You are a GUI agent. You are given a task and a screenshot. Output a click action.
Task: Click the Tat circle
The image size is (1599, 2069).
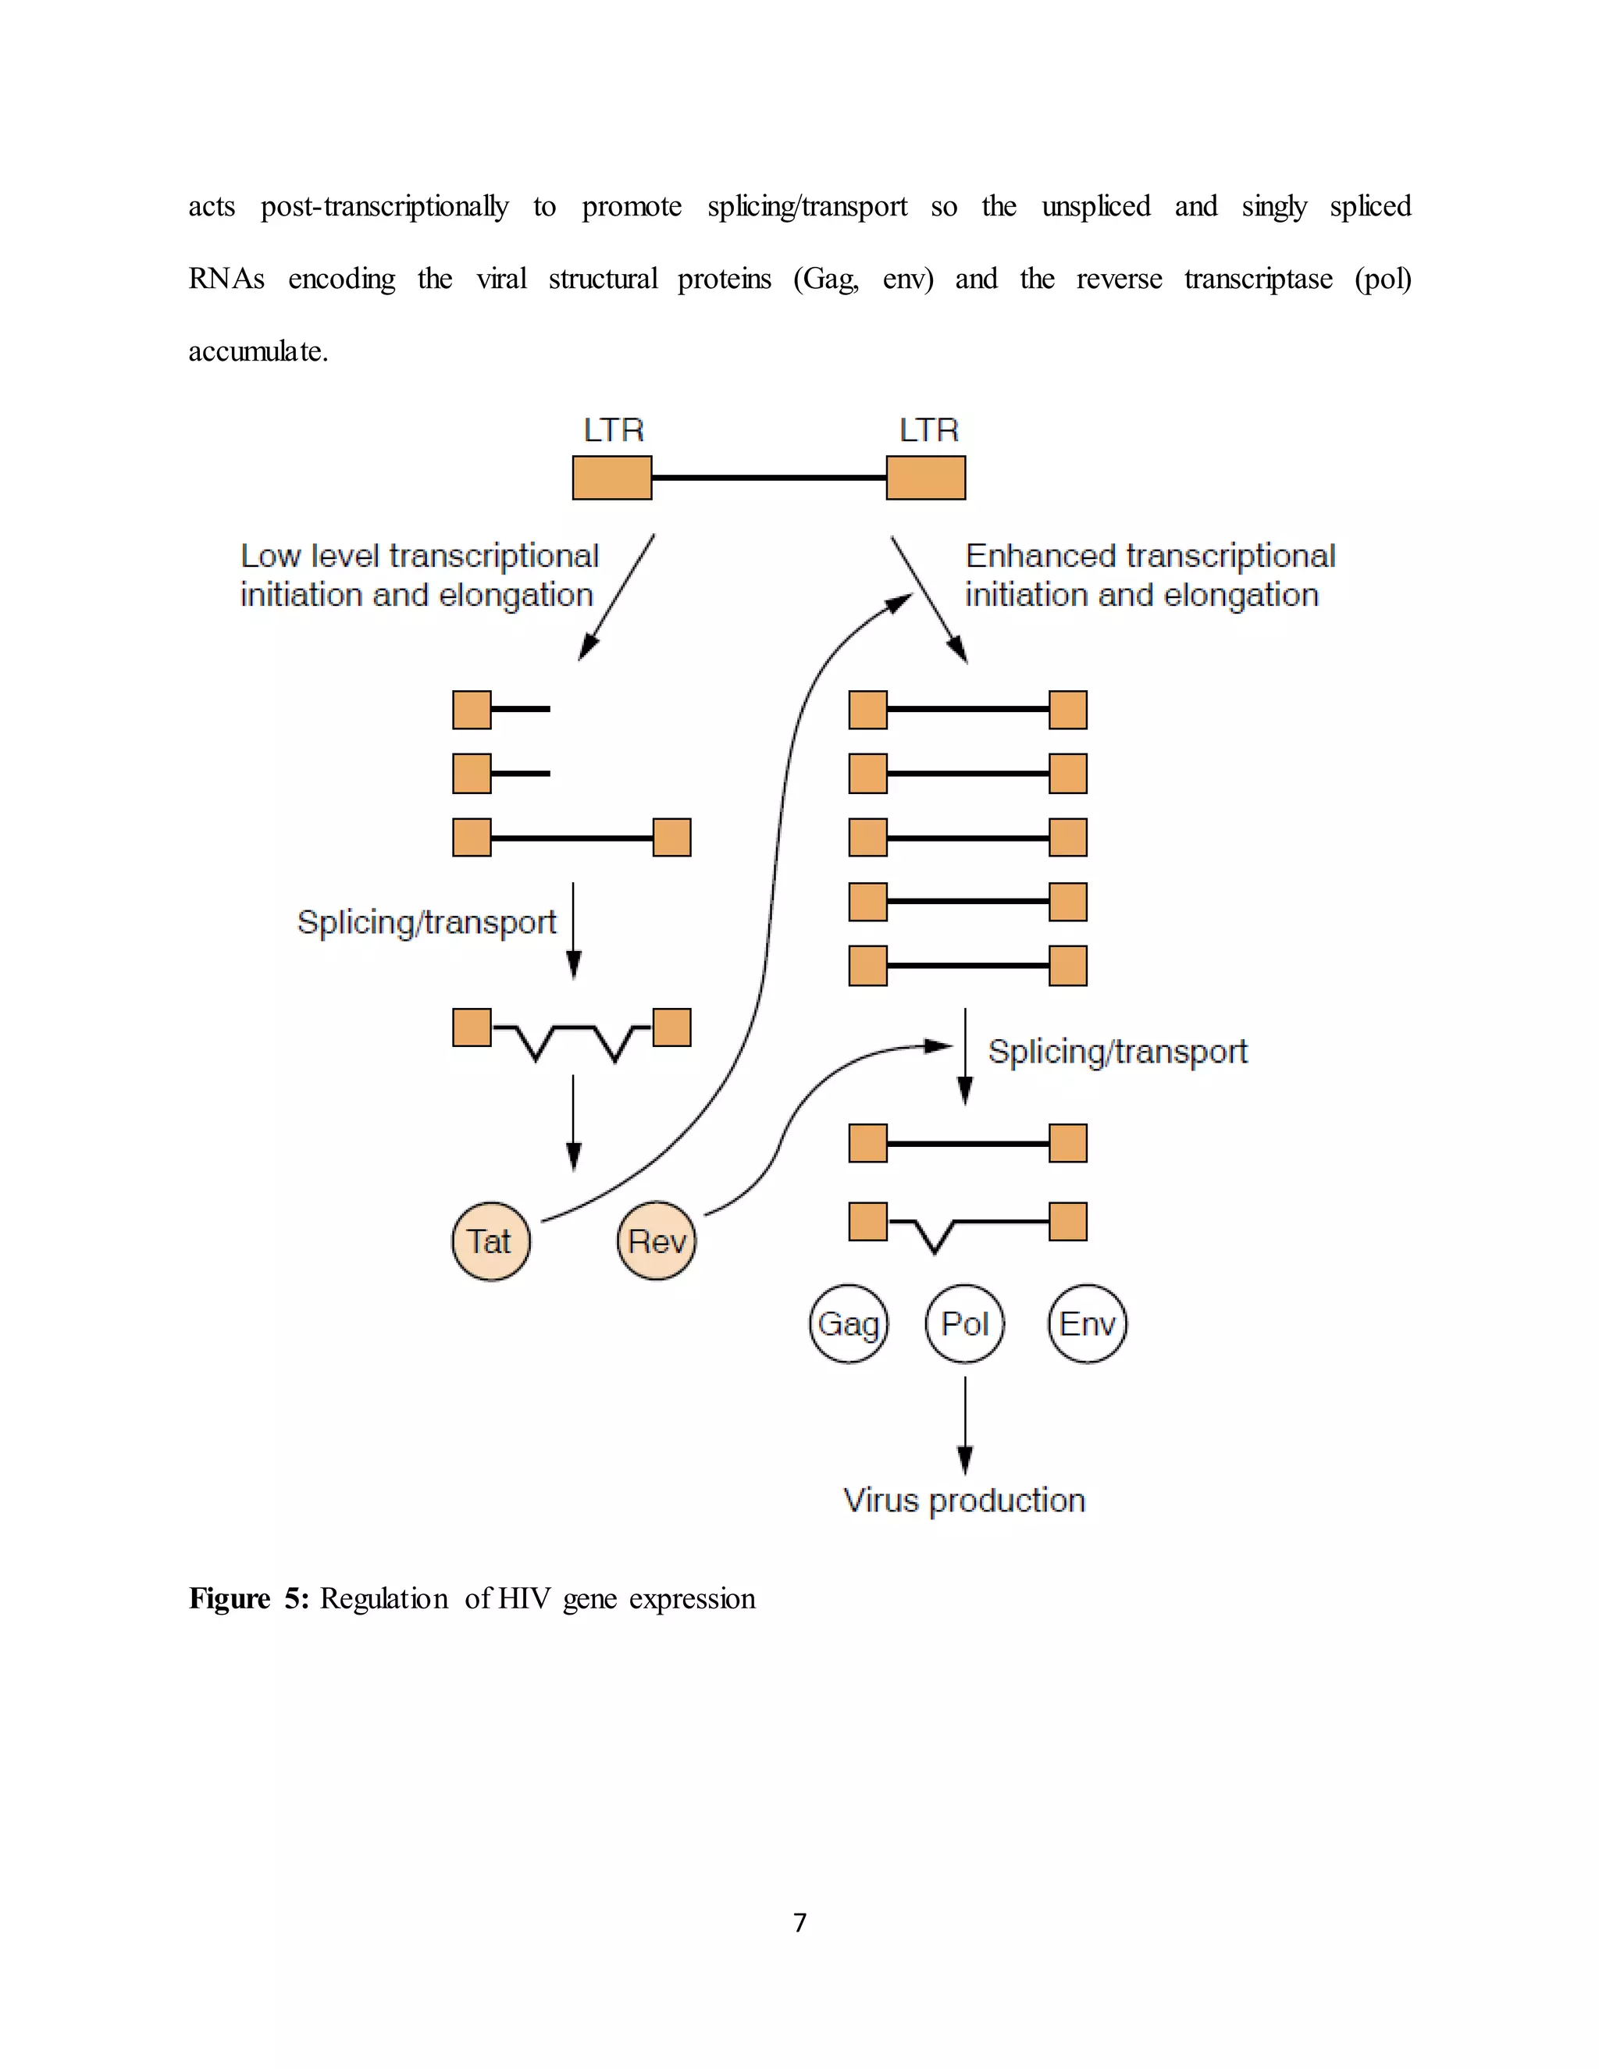[x=490, y=1241]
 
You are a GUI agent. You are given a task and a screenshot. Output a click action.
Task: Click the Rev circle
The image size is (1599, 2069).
[x=657, y=1241]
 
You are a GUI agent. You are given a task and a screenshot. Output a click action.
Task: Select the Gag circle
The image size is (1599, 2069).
[x=849, y=1323]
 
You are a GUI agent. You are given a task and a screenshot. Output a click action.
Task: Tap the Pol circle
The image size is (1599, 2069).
[x=964, y=1323]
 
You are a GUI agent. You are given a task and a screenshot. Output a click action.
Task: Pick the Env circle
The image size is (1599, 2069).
[x=1088, y=1323]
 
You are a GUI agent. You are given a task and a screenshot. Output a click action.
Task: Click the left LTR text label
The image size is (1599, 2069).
[x=613, y=431]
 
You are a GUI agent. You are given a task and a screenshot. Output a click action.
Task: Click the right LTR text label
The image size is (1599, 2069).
[x=928, y=431]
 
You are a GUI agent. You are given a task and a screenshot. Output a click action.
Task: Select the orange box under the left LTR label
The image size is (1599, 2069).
[x=612, y=478]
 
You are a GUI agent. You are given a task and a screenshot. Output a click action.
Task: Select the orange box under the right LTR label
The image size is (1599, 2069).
[x=925, y=478]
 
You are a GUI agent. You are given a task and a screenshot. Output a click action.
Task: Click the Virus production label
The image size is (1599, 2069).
[x=963, y=1501]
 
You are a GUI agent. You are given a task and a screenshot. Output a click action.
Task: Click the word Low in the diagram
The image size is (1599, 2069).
[x=270, y=556]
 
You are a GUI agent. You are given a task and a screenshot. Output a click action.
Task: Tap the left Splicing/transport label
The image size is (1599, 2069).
[x=426, y=922]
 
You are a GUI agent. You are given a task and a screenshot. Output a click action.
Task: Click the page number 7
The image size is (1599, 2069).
[x=799, y=1922]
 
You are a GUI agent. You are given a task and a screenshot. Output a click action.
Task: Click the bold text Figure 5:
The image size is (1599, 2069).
[x=248, y=1599]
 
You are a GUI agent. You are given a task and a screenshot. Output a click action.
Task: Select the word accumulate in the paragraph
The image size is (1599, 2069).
[x=258, y=351]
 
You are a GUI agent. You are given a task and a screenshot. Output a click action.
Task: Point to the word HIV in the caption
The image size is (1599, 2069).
[x=524, y=1599]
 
